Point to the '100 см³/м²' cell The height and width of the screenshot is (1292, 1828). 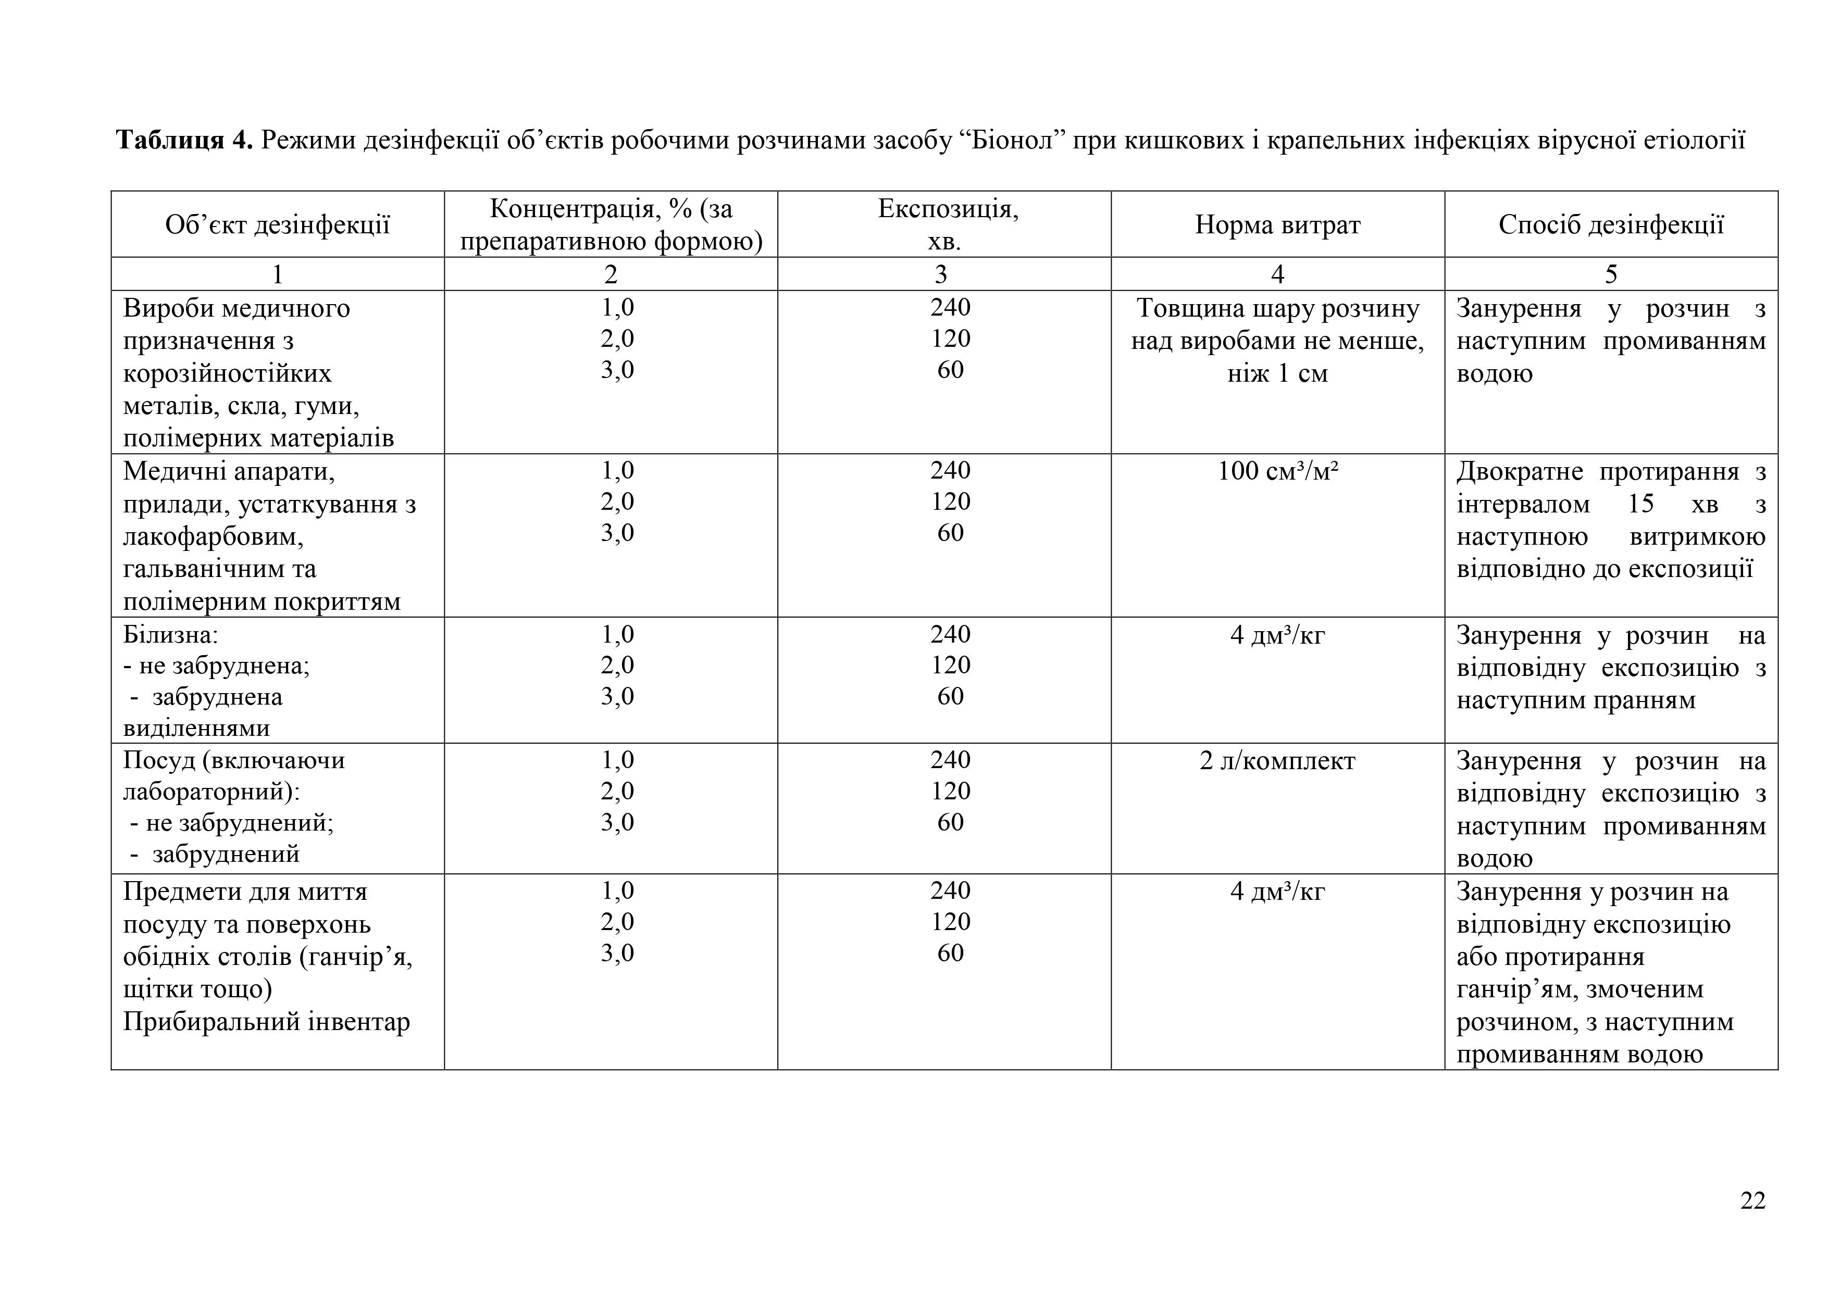coord(1277,471)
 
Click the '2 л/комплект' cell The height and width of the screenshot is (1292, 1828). coord(1277,761)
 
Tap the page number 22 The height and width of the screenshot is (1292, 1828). coord(1752,1200)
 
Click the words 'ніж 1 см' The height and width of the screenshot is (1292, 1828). coord(1277,373)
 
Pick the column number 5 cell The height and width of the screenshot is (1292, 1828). coord(1611,274)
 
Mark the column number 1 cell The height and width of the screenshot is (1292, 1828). coord(277,274)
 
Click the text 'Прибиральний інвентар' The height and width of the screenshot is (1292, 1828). coord(266,1021)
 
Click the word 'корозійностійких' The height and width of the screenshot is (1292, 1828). coord(227,373)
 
